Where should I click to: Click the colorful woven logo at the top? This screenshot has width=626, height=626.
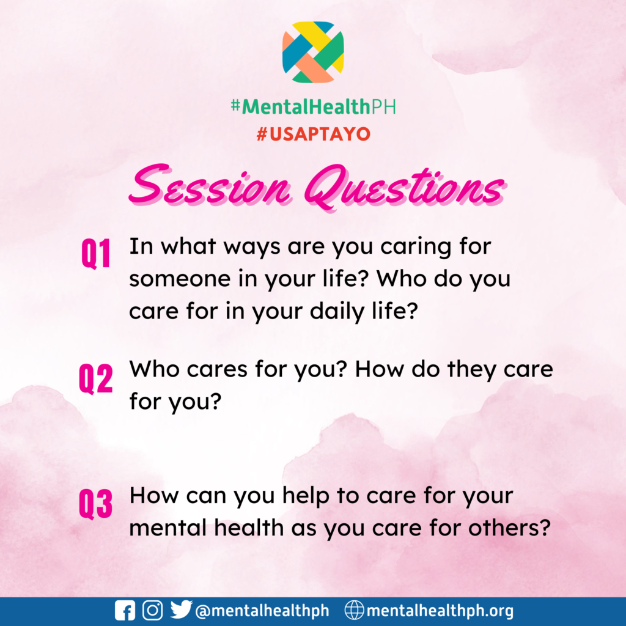313,53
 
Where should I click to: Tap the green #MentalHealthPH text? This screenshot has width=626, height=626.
314,106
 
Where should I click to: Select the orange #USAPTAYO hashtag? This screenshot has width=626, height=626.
314,134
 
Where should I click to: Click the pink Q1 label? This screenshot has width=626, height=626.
96,254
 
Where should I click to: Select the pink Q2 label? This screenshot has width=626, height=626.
96,379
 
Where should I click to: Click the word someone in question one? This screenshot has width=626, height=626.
180,279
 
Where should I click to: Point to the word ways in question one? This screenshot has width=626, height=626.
252,248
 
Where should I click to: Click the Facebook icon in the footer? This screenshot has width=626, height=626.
125,611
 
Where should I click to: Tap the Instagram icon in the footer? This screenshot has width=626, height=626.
152,611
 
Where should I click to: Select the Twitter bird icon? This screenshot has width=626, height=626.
181,609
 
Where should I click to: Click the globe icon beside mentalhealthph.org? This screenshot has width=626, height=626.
355,611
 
